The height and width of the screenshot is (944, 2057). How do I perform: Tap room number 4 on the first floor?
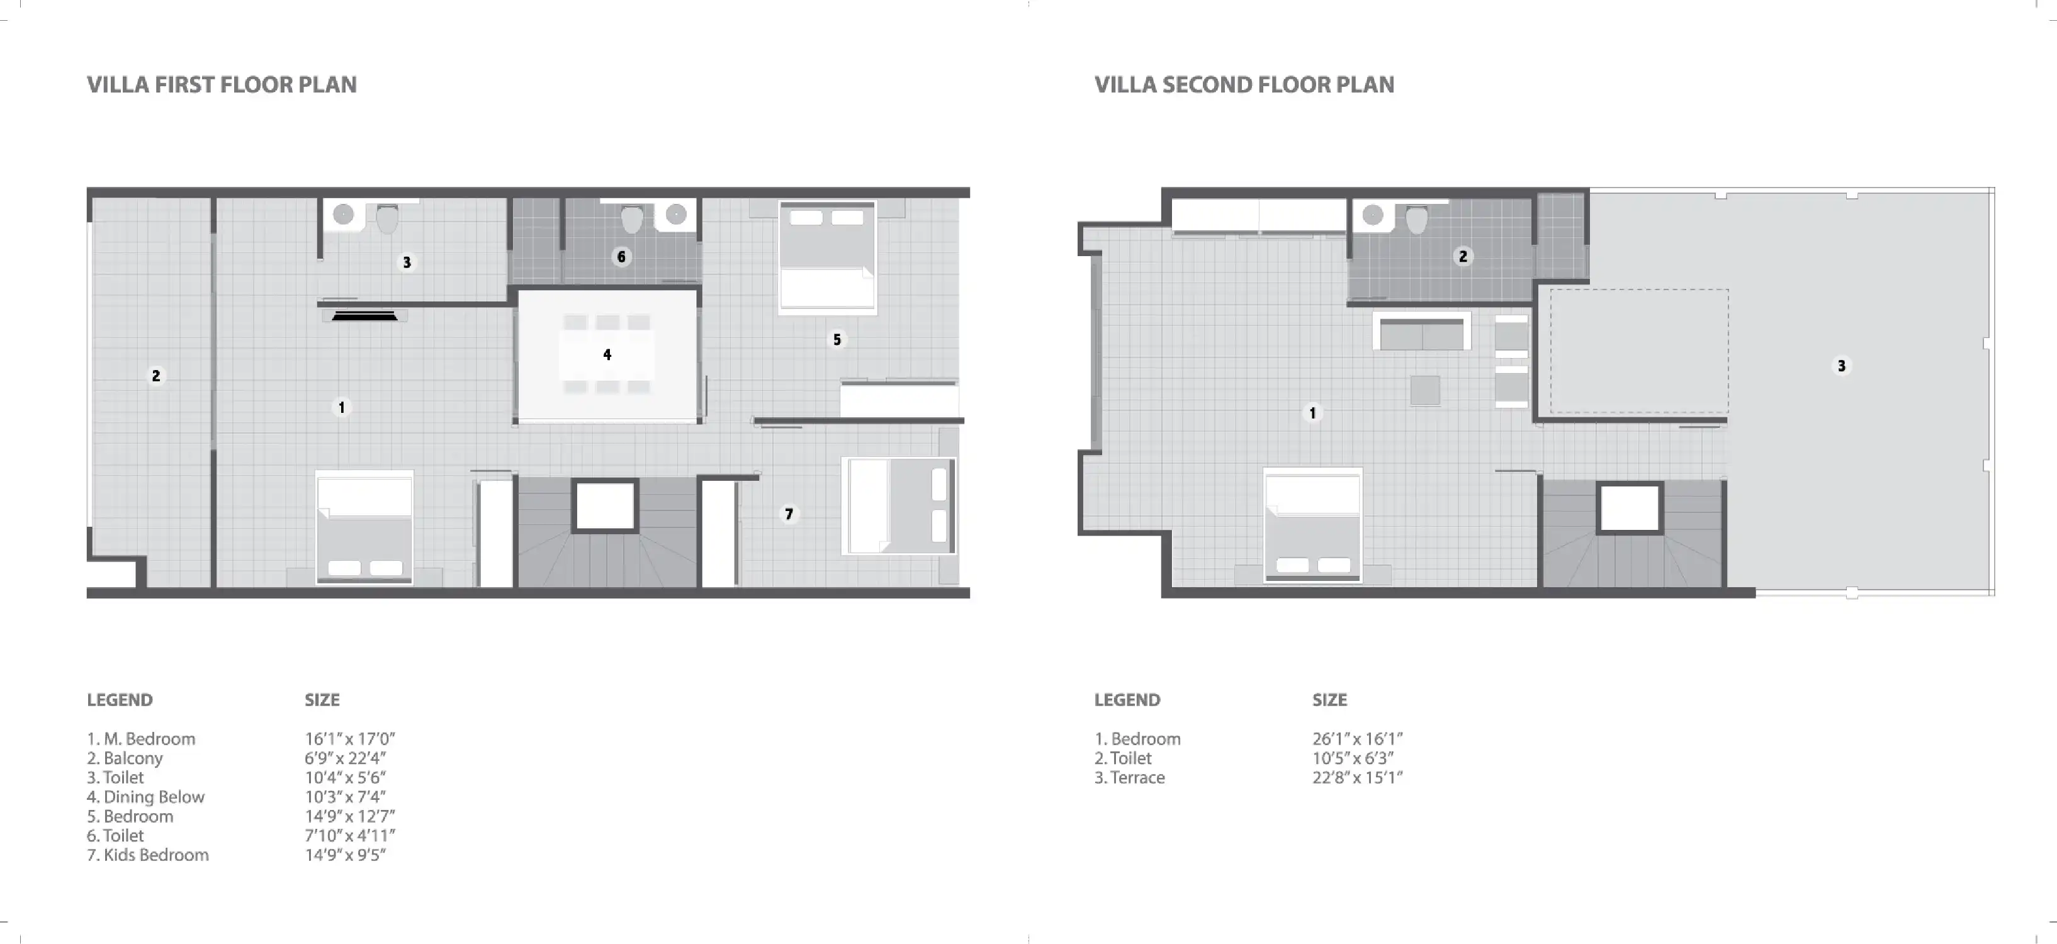click(x=607, y=354)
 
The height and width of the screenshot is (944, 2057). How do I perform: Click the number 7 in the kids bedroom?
click(x=789, y=514)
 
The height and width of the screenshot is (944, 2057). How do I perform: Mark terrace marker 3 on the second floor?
click(x=1841, y=366)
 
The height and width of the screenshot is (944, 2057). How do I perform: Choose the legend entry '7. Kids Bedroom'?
click(x=148, y=855)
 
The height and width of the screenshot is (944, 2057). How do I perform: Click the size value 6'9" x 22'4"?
click(x=344, y=758)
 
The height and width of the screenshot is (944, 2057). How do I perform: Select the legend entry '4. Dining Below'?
click(x=145, y=796)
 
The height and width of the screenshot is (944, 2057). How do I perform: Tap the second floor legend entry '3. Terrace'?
click(x=1129, y=777)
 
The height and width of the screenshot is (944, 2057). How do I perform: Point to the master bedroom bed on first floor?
click(x=364, y=527)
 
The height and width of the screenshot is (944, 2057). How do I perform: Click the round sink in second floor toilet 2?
click(x=1373, y=215)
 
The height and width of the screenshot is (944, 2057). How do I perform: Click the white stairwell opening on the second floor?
click(x=1629, y=508)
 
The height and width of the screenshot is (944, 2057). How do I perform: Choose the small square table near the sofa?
click(x=1424, y=391)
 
